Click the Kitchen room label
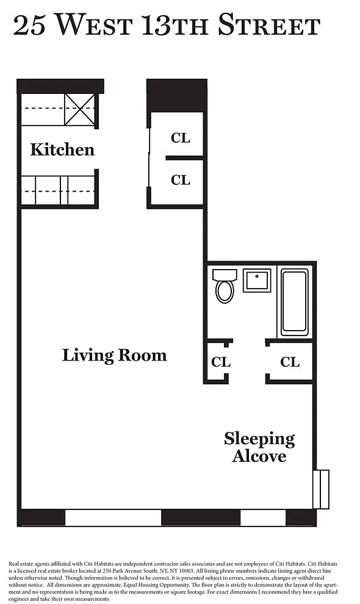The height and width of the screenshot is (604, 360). [62, 149]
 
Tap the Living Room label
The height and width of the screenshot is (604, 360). [115, 355]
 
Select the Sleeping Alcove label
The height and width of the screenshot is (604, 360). [259, 447]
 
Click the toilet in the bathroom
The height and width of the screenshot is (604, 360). [225, 286]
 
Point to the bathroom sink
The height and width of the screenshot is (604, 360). [257, 281]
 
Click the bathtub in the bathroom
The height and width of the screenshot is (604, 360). [295, 303]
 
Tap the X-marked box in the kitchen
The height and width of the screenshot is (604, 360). [79, 109]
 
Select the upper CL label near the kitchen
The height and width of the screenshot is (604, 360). [181, 138]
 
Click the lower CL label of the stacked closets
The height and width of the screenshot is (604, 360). [181, 180]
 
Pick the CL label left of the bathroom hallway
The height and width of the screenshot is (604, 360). [221, 362]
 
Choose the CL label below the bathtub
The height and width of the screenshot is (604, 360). [290, 362]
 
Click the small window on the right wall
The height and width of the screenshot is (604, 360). [321, 489]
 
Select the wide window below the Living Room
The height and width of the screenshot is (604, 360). [113, 518]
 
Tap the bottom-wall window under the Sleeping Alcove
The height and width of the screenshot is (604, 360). [263, 518]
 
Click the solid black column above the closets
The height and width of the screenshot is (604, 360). [177, 96]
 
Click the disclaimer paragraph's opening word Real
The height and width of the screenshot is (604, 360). [14, 564]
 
